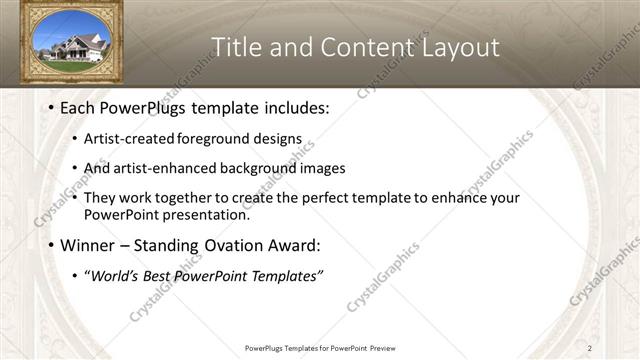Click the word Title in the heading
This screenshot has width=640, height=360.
237,46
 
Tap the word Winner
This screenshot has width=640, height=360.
88,245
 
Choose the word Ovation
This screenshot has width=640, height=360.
233,245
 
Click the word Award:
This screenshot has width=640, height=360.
297,245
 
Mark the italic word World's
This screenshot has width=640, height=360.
114,276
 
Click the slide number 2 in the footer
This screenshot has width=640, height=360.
590,348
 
